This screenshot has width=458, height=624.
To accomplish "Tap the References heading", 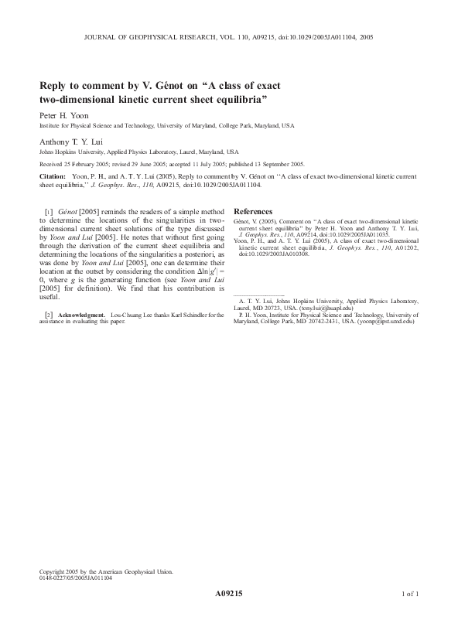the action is (253, 211).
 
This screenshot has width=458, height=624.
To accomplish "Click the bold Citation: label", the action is (52, 177).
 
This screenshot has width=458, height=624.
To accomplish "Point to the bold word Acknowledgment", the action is (81, 315).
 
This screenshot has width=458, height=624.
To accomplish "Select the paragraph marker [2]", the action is (49, 315).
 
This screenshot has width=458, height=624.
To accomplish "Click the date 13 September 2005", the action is (276, 164).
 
